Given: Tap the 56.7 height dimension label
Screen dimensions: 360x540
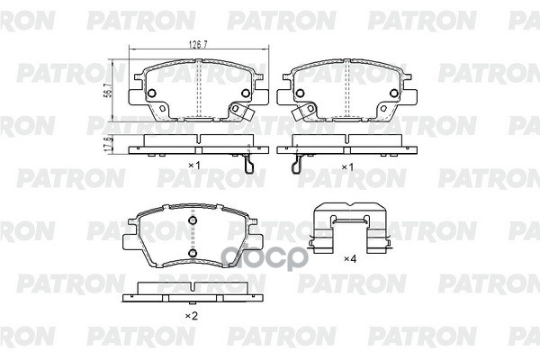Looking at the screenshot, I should point(109,89).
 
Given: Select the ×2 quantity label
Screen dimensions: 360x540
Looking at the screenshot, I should point(191,316).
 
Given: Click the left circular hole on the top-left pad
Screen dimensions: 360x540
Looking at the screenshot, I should point(152,93).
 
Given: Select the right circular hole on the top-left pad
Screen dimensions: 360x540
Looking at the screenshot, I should point(245,92).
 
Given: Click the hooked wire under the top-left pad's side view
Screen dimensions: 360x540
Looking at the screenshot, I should point(251,163).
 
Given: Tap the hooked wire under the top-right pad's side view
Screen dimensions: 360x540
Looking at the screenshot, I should point(297,163).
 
